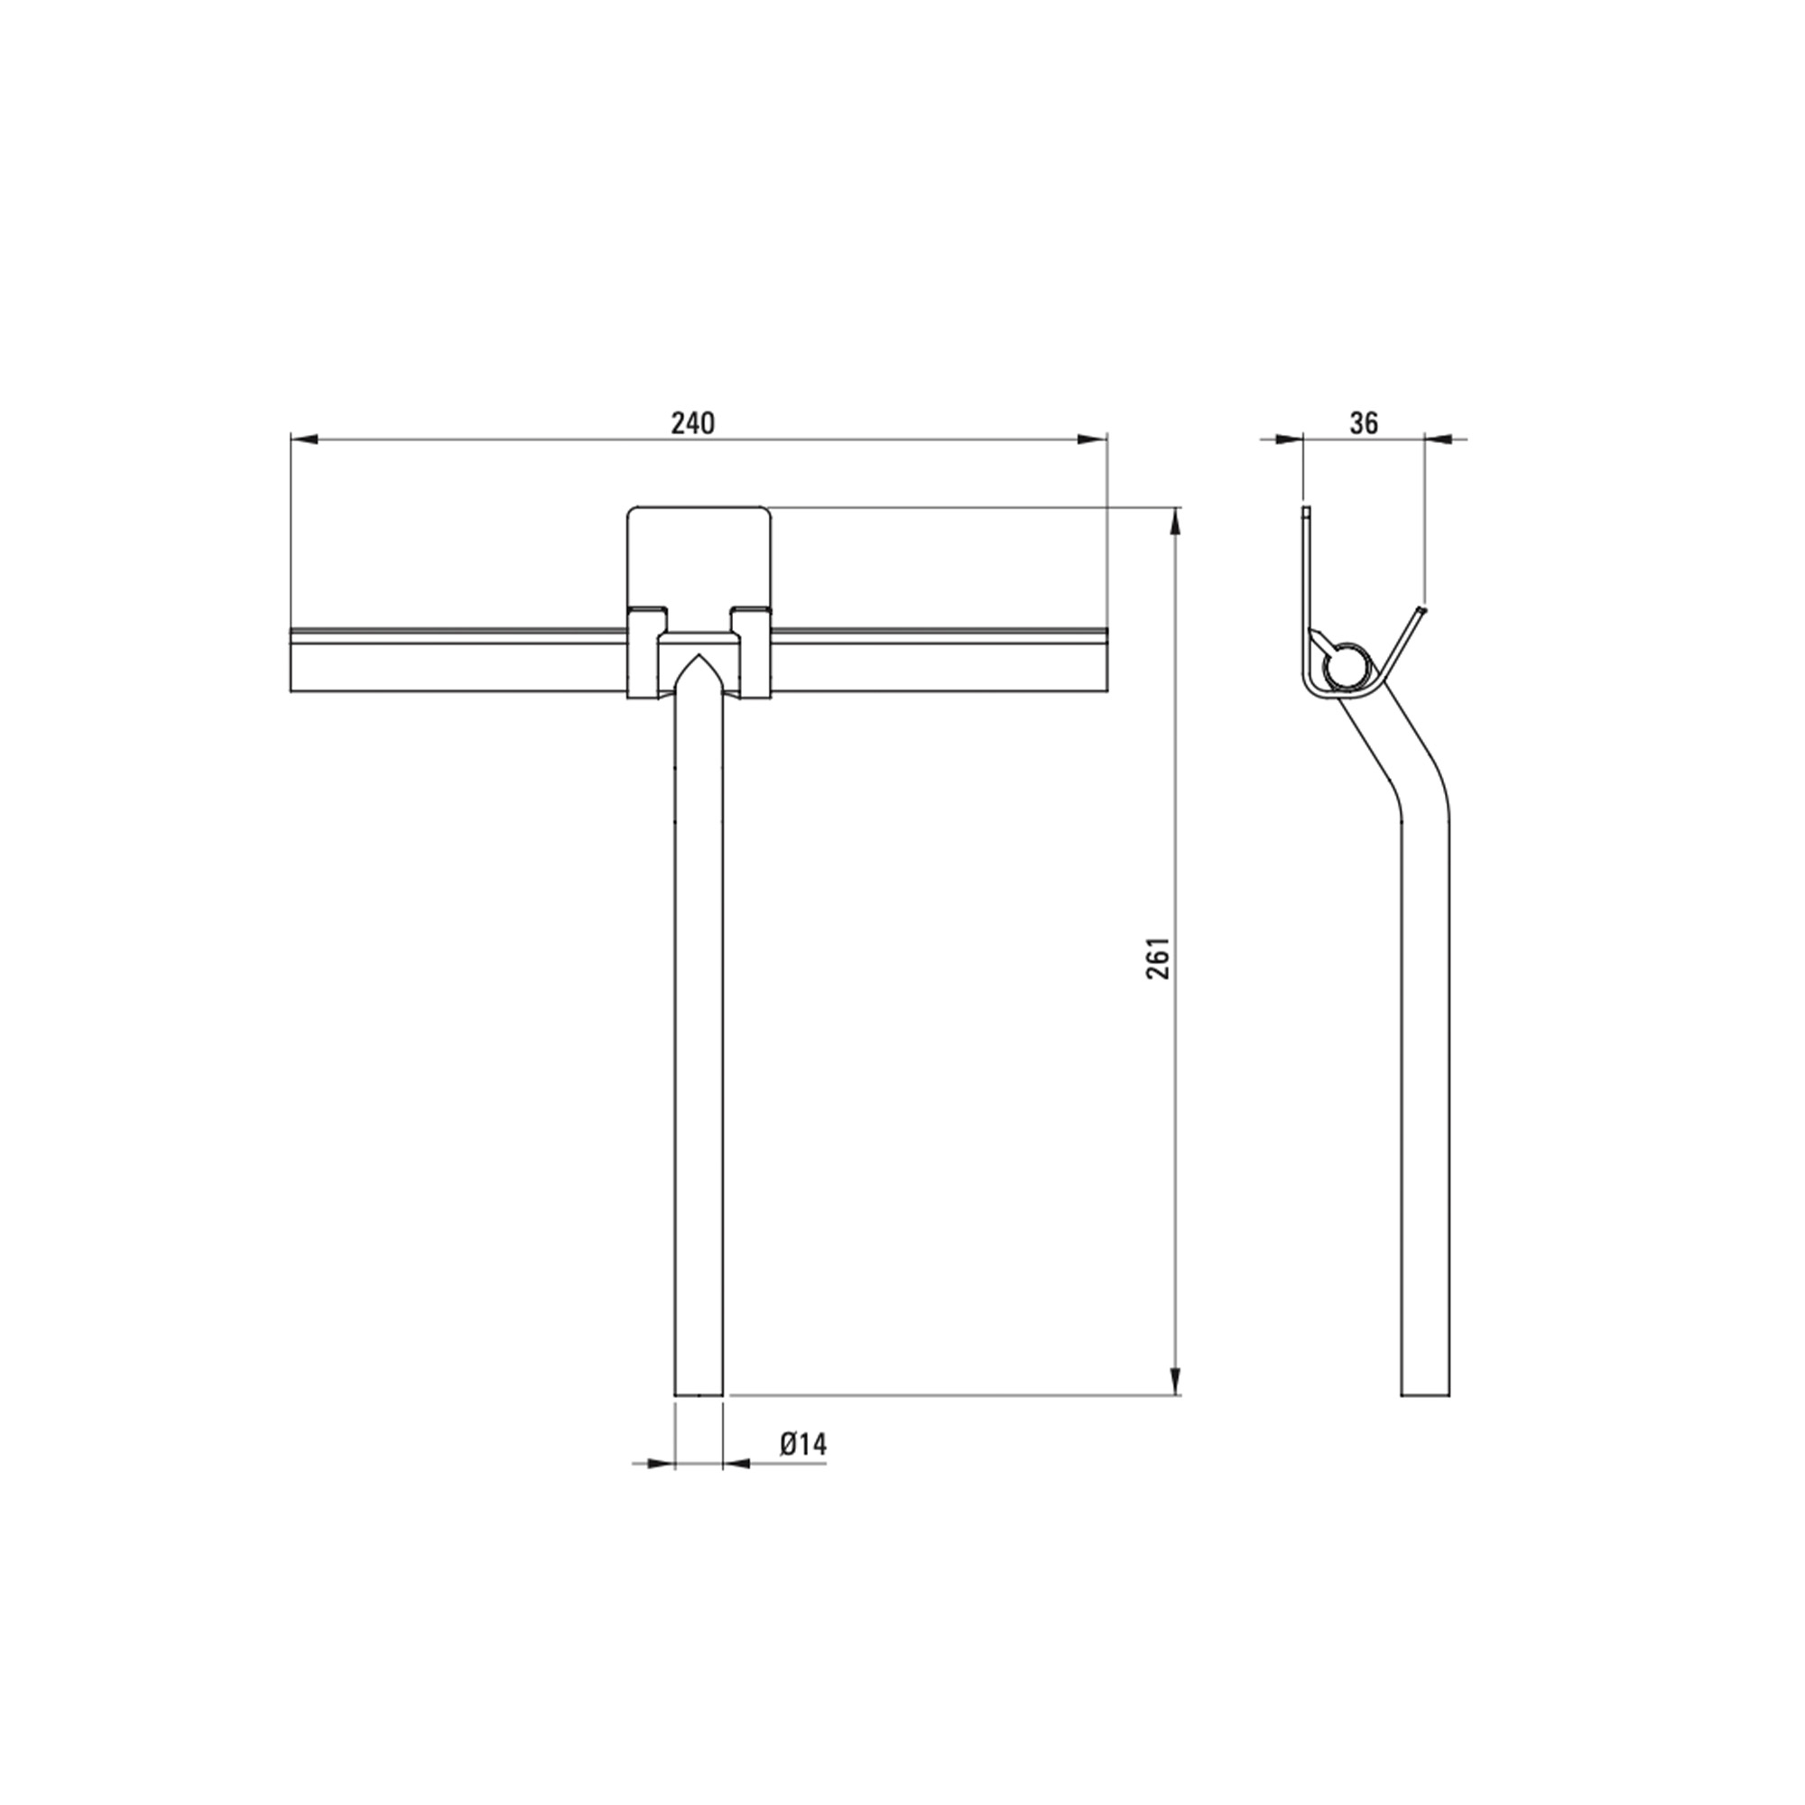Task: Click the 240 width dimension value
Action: coord(693,423)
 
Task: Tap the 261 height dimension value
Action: coord(1159,958)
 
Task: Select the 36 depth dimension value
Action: coord(1364,423)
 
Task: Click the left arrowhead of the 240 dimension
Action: coord(306,439)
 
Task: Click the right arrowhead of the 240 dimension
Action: coord(1092,439)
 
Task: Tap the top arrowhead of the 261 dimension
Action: coord(1176,523)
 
